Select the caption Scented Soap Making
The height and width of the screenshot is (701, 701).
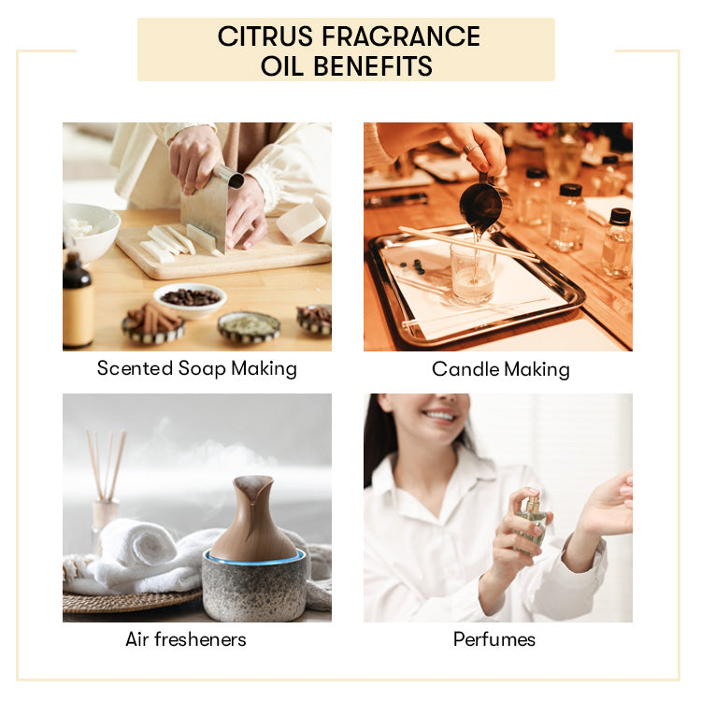point(196,368)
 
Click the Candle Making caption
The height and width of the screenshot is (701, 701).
point(500,369)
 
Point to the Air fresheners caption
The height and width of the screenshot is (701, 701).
point(185,640)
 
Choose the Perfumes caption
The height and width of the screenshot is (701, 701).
point(494,640)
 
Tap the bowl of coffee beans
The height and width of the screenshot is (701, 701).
point(190,297)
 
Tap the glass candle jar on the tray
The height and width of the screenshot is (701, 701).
point(471,271)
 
